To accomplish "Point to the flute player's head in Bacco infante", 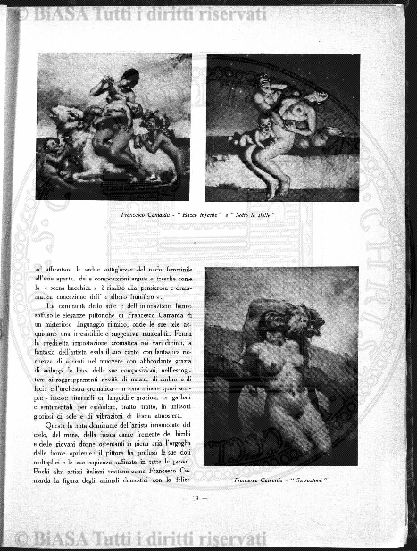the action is click(x=129, y=77).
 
